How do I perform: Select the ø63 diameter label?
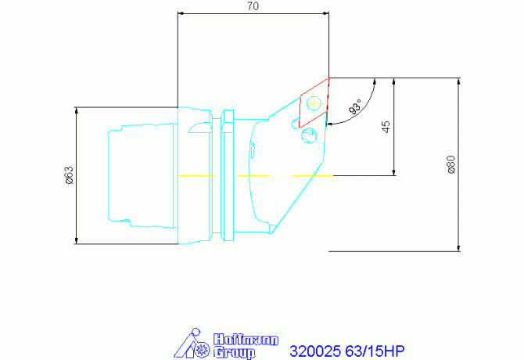[x=69, y=175]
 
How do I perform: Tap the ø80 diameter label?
[x=451, y=164]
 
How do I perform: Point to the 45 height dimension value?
[x=386, y=127]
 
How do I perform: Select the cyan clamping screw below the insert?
[x=308, y=135]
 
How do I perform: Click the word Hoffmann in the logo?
[x=235, y=340]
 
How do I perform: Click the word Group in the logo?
[x=235, y=353]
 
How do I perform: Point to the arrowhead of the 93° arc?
[x=329, y=123]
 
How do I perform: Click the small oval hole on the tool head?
[x=253, y=149]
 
